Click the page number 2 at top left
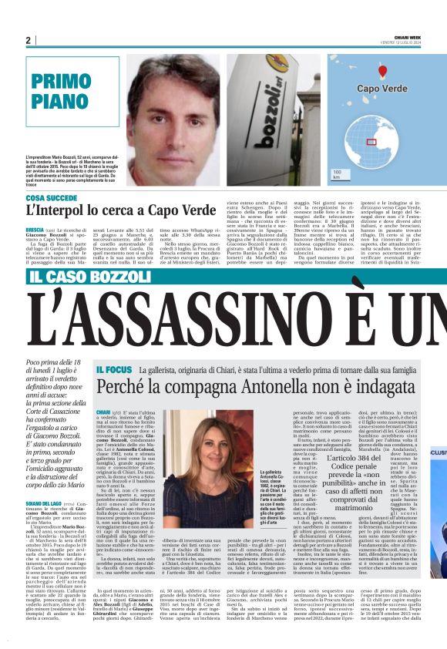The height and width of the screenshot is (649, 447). [28, 40]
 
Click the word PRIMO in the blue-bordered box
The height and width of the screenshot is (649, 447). [60, 81]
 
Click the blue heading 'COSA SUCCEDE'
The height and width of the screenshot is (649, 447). [51, 198]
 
